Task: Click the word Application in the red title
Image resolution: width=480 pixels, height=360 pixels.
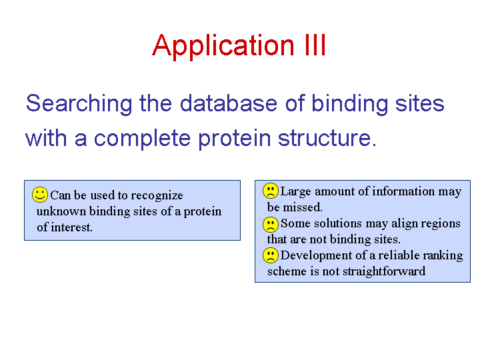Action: [x=223, y=46]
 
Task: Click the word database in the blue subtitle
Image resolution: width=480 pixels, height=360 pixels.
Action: [x=229, y=103]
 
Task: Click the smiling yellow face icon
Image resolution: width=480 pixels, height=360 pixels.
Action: [x=40, y=195]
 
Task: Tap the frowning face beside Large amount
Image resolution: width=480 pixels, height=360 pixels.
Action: [x=270, y=191]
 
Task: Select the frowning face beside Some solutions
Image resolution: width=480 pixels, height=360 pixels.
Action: [x=270, y=225]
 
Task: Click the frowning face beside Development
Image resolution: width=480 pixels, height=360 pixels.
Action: [x=270, y=255]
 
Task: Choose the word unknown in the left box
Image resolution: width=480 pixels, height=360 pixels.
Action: [x=61, y=211]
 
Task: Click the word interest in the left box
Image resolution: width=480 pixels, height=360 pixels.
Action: [x=71, y=227]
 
